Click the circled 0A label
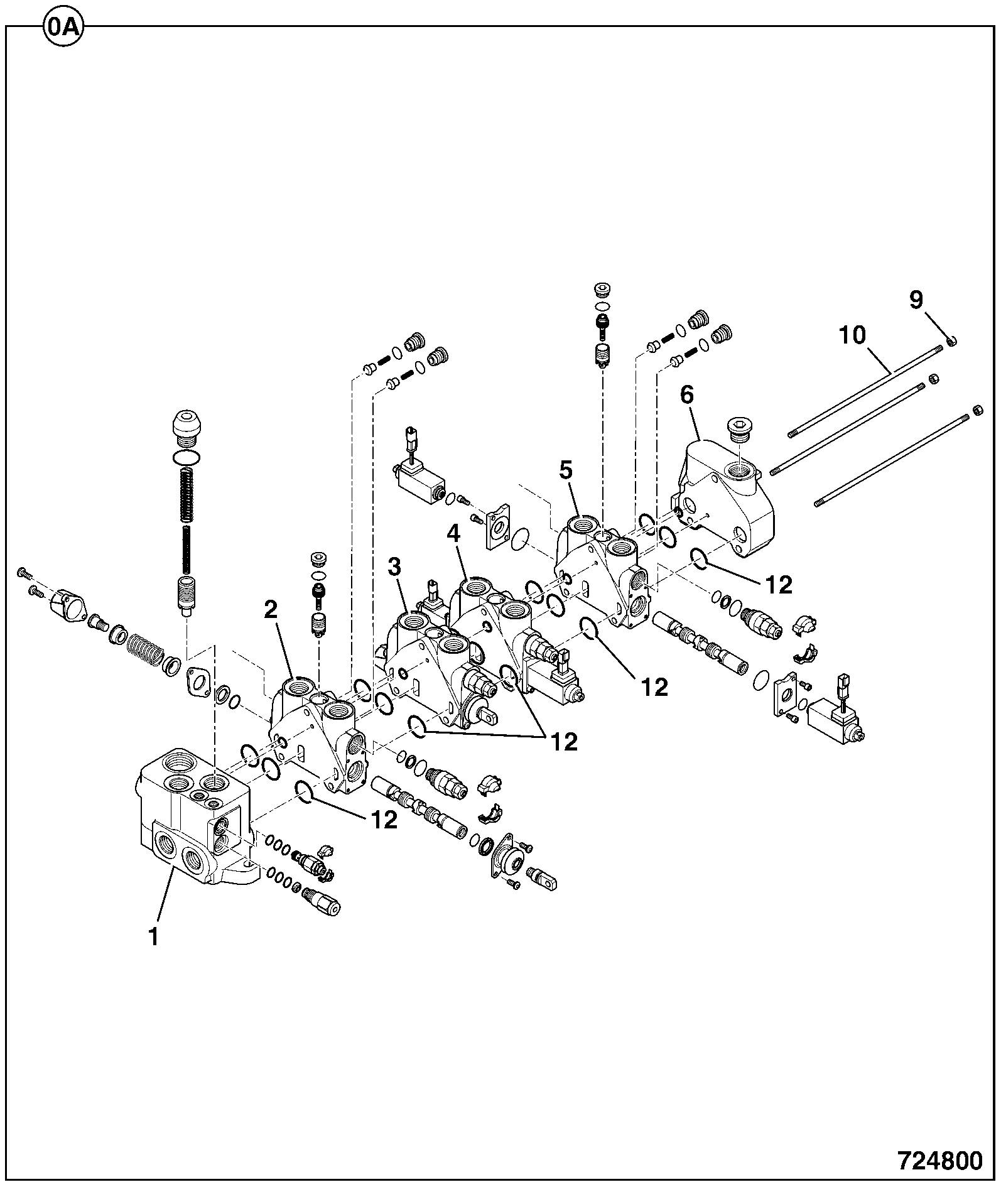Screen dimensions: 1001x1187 [x=64, y=28]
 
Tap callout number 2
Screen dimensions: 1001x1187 [x=271, y=609]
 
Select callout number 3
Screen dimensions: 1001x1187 [x=394, y=567]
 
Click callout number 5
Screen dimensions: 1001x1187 [x=567, y=469]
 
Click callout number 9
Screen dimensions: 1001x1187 [x=916, y=300]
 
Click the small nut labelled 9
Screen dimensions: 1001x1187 [x=952, y=340]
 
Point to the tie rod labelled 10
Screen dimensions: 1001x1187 [x=867, y=388]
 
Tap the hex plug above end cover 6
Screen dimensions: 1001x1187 [x=739, y=430]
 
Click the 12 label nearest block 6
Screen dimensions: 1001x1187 [x=779, y=585]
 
